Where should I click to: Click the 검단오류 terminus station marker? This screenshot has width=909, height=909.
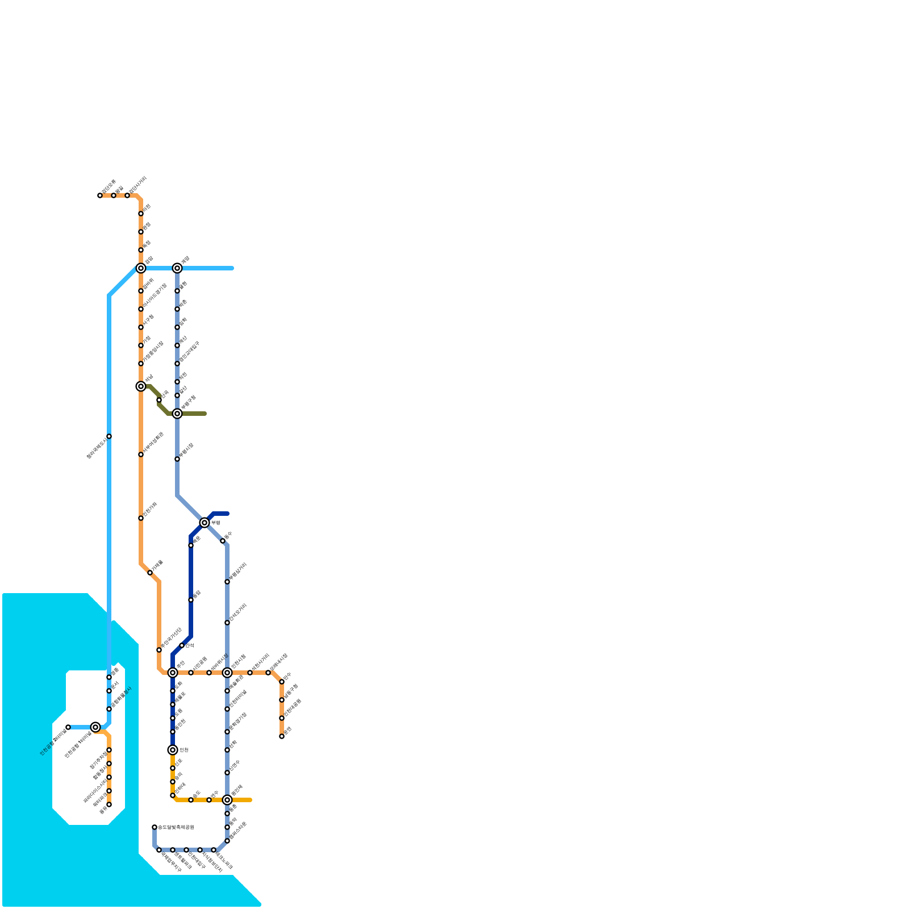[100, 195]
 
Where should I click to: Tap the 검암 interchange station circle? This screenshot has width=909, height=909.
[141, 268]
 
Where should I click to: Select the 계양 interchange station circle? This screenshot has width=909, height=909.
[177, 268]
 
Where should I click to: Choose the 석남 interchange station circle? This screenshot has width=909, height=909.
[141, 386]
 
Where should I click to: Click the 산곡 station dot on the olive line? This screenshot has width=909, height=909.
[159, 400]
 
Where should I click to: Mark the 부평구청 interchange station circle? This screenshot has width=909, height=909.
[177, 414]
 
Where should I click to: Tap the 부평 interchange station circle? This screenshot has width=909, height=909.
[205, 523]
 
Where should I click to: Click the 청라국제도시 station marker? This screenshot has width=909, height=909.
[109, 436]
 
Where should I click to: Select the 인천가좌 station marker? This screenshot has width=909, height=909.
[141, 518]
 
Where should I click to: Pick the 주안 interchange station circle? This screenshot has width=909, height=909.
[173, 673]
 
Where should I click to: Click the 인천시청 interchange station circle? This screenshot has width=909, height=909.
[227, 673]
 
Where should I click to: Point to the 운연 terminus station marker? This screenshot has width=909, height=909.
[282, 736]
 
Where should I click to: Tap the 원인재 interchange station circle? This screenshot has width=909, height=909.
[227, 800]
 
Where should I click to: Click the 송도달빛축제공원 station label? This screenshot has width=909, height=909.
[176, 827]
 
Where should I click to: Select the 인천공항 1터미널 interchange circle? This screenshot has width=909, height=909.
[95, 727]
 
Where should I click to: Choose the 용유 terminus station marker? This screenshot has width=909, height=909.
[109, 804]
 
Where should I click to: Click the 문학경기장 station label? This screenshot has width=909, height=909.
[238, 722]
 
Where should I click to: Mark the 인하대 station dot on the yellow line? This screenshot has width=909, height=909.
[173, 795]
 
